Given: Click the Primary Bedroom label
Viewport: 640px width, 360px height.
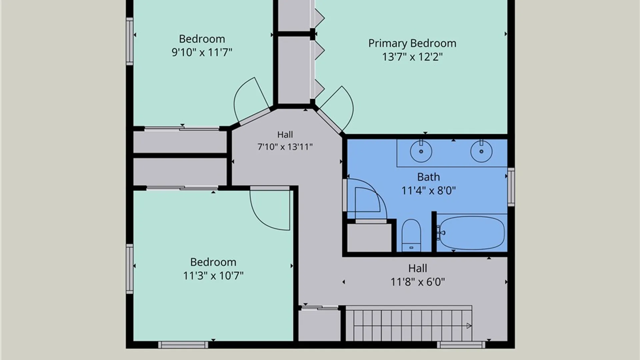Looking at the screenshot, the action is coord(412,43).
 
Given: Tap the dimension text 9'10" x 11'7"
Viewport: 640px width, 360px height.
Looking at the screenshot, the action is coord(202,52).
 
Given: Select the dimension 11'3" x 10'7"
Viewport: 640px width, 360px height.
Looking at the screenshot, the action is coord(213,276).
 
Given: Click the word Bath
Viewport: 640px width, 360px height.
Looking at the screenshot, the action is coord(428,177).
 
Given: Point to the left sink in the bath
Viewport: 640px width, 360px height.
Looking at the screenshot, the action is coord(421,151).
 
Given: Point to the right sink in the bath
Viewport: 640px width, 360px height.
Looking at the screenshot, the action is coord(481,151).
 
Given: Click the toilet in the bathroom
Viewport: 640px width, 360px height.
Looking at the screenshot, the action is coord(411,235).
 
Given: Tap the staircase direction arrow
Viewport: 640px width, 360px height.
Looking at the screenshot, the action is coord(469,326).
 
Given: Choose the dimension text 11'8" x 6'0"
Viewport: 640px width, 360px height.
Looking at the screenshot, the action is coord(418,282).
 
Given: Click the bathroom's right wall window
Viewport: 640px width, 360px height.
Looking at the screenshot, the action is coord(511,187).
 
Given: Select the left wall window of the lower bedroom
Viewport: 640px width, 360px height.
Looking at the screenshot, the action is coord(130,269).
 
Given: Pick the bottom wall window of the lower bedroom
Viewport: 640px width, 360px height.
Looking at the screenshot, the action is coord(183,345).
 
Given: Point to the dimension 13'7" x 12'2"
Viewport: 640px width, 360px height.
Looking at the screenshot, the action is coord(412,57).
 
